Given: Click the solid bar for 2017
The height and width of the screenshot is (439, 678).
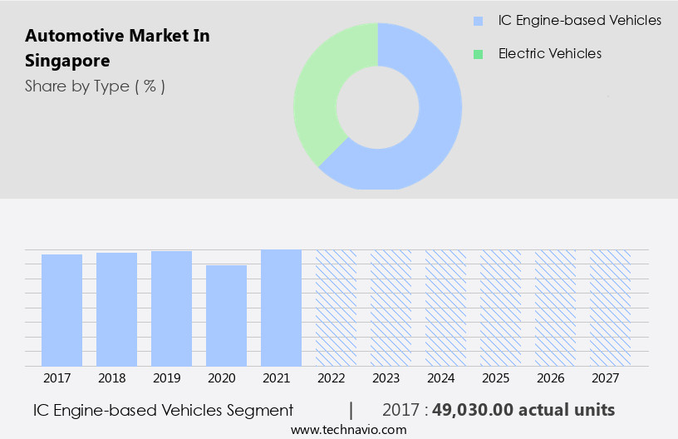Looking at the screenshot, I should pos(61,310).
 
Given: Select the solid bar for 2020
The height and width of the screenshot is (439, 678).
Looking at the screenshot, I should pos(226,316).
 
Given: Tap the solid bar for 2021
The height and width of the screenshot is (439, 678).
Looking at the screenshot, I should pos(281,308).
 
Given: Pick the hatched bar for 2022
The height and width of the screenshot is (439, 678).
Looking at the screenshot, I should pos(336,308).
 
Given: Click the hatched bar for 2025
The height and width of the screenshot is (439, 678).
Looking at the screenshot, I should pos(500,308).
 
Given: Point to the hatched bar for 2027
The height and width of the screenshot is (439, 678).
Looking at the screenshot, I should pos(610,308).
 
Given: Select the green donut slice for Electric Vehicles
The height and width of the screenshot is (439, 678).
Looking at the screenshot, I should pos(324,91).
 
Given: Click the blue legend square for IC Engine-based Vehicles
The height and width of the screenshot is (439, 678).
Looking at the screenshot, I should pos(478,21).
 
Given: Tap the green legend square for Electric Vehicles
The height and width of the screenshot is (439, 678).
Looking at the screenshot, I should pos(478,54).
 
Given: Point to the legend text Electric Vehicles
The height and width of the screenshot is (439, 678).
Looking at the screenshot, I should pos(549,54).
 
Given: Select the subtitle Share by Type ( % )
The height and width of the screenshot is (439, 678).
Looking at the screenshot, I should pos(95,86).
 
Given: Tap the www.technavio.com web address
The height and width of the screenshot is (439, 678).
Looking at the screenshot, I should pos(348,430).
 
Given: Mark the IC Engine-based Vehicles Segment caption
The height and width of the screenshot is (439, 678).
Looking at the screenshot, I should pos(163,410).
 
